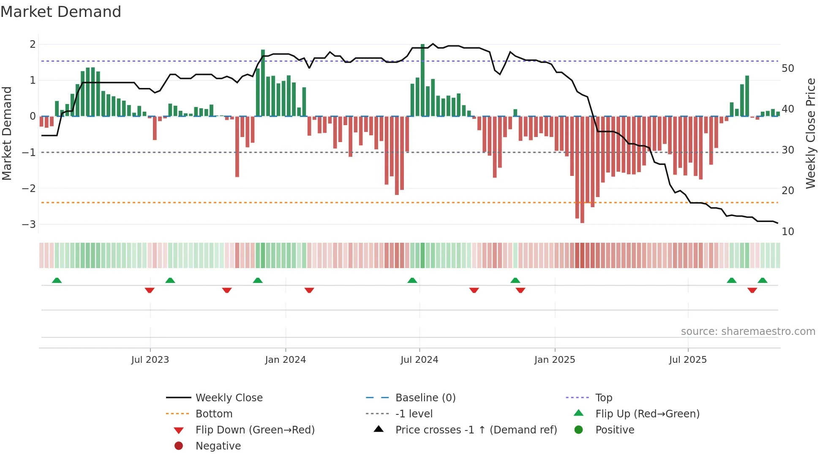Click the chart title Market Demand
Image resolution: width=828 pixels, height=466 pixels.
[x=61, y=12]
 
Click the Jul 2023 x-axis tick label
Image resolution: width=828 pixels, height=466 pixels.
[x=150, y=360]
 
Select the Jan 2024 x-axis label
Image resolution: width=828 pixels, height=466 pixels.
[x=286, y=360]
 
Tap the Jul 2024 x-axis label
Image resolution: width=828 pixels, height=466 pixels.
[x=419, y=360]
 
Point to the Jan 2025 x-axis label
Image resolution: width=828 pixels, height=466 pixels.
[x=555, y=360]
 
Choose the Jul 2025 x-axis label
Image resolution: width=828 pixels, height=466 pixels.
[x=688, y=360]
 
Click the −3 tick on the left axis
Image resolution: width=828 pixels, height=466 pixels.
[x=29, y=224]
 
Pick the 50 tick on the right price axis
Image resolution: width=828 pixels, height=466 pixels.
[x=788, y=69]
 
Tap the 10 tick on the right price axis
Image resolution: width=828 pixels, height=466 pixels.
[x=788, y=232]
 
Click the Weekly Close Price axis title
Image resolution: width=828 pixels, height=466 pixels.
[x=810, y=133]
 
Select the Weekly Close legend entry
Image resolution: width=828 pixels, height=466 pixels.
[x=229, y=398]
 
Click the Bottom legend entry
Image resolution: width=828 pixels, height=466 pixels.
[x=214, y=414]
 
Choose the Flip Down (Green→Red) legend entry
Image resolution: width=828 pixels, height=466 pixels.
[x=255, y=430]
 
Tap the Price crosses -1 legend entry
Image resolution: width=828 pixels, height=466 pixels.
[x=476, y=430]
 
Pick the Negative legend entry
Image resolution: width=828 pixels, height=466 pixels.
[x=218, y=446]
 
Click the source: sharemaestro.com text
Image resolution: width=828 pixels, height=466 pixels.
[x=748, y=332]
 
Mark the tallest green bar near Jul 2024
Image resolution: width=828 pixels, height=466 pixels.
[x=422, y=80]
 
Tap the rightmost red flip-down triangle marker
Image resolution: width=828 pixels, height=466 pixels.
[x=752, y=290]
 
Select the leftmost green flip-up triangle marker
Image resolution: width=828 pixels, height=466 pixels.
[x=57, y=280]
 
